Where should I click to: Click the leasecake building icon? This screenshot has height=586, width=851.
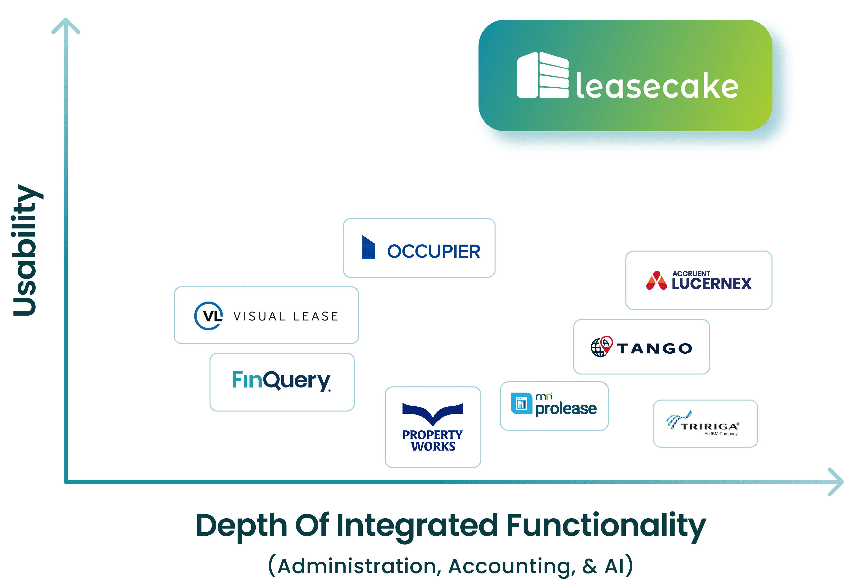(x=542, y=75)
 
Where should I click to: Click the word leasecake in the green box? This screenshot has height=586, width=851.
(x=657, y=86)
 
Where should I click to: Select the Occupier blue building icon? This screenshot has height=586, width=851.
(x=369, y=247)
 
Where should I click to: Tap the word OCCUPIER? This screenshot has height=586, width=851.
(x=434, y=252)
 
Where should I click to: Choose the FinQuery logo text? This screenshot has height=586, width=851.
(x=281, y=381)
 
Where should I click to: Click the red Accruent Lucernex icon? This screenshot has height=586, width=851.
(x=656, y=281)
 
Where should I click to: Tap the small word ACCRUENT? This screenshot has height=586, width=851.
(x=691, y=274)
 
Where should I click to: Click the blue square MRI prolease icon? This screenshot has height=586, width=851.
(x=521, y=403)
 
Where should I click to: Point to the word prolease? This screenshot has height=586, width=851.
(x=566, y=408)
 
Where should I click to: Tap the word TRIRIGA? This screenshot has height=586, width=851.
(x=709, y=426)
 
